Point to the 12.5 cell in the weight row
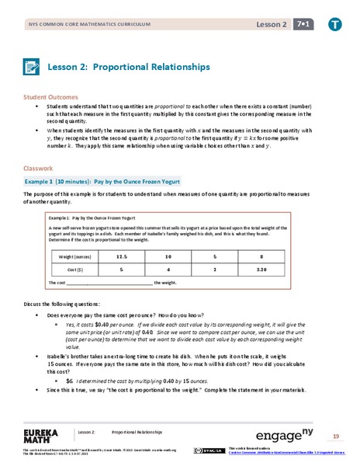tap(121, 256)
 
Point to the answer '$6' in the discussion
tap(69, 381)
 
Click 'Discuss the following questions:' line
tap(71, 304)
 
